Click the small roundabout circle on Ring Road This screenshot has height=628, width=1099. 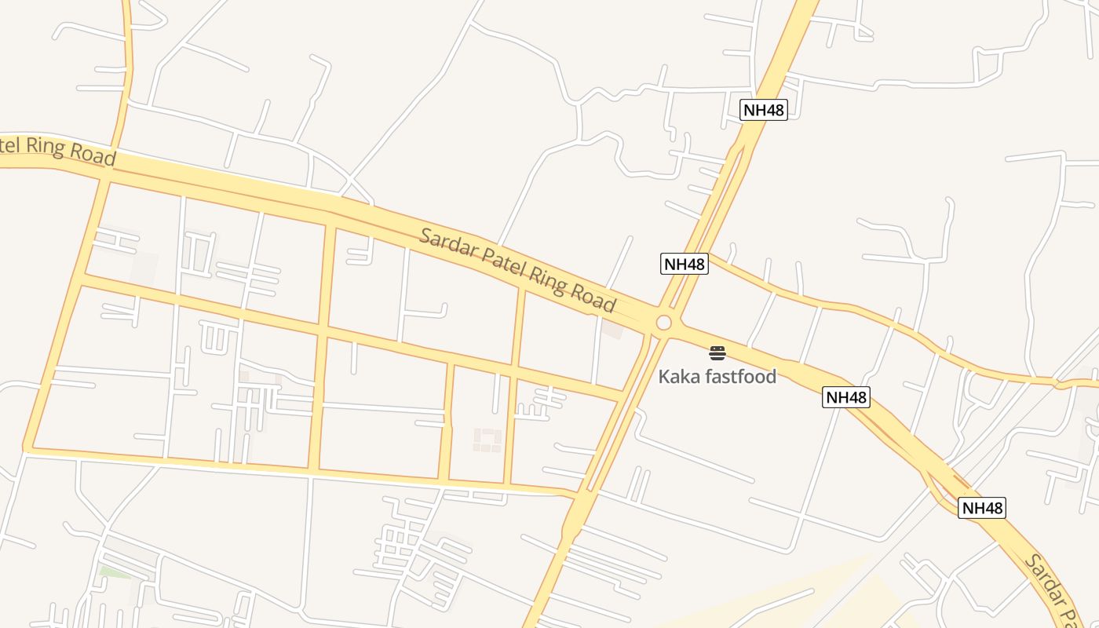[664, 323]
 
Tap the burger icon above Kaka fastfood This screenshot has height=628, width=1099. [717, 352]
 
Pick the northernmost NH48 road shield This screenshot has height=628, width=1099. [764, 110]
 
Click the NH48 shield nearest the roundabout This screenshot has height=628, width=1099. [685, 264]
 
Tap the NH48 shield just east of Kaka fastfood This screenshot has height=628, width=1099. [846, 397]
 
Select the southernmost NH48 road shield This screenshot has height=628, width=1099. [982, 508]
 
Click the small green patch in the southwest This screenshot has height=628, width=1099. [115, 572]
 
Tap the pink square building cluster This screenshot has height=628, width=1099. [487, 440]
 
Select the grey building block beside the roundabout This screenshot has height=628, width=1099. [612, 329]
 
